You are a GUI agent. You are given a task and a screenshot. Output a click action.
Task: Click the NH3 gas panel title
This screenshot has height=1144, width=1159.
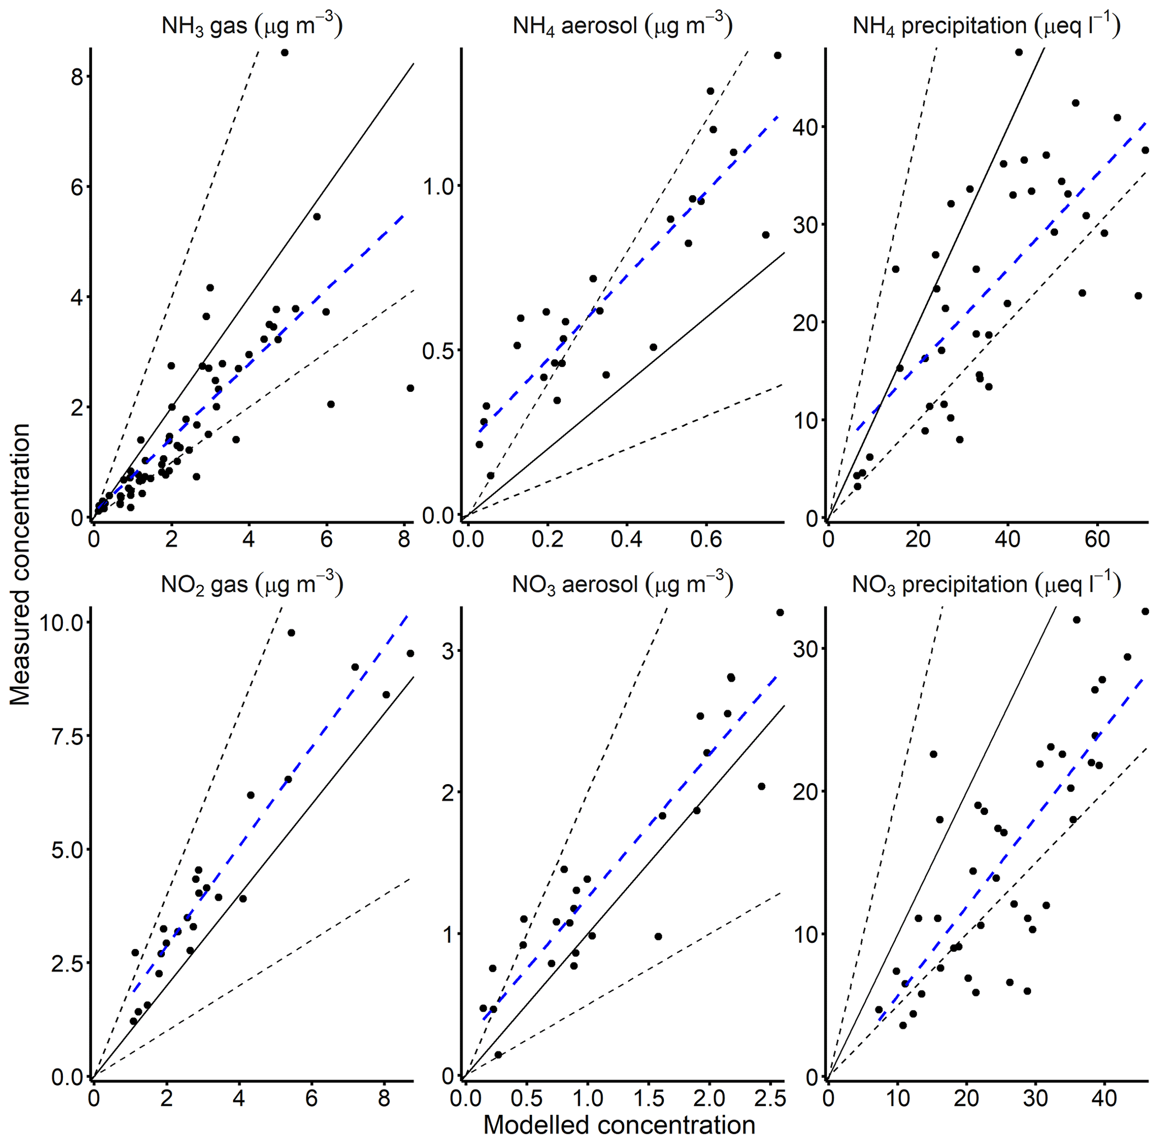point(252,26)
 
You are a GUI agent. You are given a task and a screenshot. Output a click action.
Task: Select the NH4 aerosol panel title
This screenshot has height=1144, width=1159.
point(622,26)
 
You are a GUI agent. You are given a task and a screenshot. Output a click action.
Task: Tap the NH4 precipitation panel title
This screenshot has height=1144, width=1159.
point(986,26)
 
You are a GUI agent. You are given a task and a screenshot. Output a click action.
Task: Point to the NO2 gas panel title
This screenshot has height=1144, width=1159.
point(252,584)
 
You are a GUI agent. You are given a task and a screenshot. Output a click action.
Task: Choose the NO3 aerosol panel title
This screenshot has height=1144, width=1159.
point(622,584)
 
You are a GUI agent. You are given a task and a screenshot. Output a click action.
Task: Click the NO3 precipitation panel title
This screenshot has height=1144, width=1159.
point(986,584)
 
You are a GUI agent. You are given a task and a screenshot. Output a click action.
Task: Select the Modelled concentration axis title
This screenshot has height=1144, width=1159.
point(619,1126)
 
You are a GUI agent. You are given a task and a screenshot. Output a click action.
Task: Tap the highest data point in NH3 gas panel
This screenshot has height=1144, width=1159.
point(284,53)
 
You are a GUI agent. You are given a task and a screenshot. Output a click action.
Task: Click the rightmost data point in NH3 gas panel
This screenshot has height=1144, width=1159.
point(410,388)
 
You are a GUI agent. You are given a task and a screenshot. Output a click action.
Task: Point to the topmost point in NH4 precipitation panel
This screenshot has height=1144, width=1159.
point(1019,52)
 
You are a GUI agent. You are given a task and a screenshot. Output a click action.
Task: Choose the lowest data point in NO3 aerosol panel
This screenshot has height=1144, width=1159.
point(498,1055)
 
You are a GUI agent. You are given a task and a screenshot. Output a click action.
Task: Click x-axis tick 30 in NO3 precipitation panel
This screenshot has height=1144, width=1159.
point(1036,1098)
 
